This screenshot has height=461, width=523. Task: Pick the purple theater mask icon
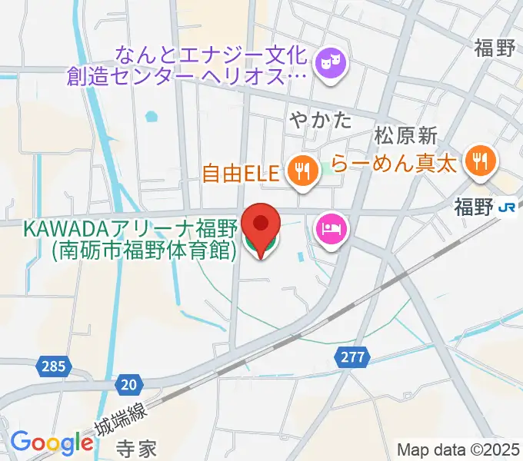pyautogui.click(x=332, y=58)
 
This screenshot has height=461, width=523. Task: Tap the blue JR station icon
pyautogui.click(x=506, y=207)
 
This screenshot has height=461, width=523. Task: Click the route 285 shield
pyautogui.click(x=54, y=367)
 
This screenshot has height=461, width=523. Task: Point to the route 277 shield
pyautogui.click(x=352, y=357)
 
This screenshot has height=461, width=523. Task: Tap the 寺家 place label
pyautogui.click(x=138, y=448)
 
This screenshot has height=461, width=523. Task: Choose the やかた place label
pyautogui.click(x=321, y=120)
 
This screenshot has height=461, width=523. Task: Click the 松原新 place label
pyautogui.click(x=406, y=136)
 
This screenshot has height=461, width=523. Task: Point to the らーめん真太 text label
pyautogui.click(x=395, y=163)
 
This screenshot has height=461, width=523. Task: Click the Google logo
pyautogui.click(x=52, y=443)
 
